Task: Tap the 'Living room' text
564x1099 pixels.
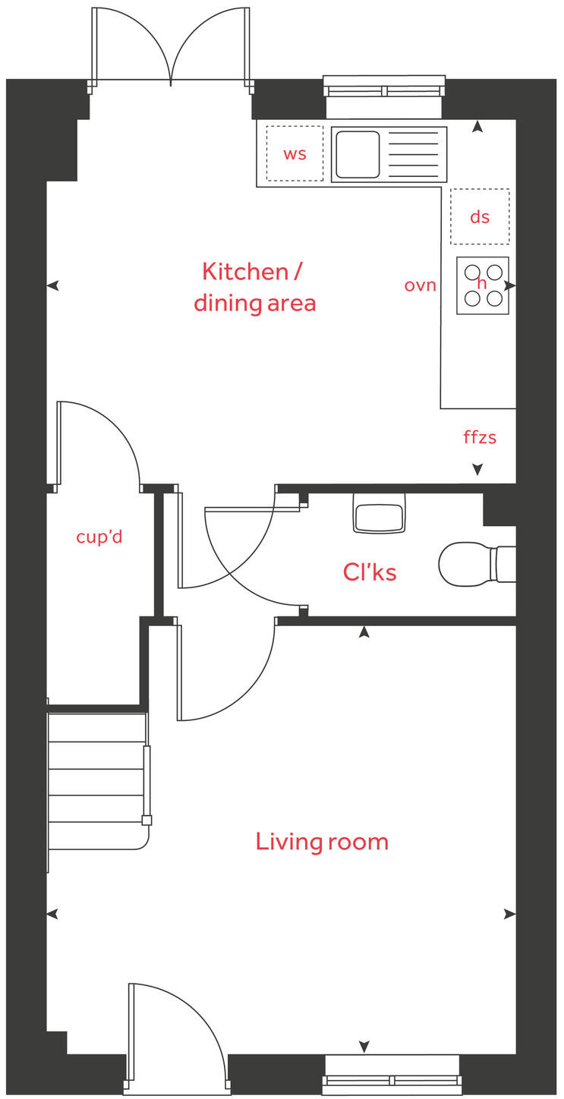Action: click(x=322, y=842)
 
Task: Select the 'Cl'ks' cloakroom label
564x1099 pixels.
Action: click(x=370, y=572)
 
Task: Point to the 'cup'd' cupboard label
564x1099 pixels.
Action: click(x=99, y=537)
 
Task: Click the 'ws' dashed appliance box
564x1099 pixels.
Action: click(x=295, y=153)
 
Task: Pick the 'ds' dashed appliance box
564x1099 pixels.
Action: click(x=480, y=217)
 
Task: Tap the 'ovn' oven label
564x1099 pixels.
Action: click(x=420, y=285)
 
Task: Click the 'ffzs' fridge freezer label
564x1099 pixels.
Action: click(x=480, y=438)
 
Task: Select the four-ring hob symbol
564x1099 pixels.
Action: click(x=483, y=285)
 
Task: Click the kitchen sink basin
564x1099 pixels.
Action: click(x=358, y=154)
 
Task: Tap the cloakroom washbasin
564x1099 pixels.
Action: click(x=379, y=515)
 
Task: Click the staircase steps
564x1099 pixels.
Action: click(x=96, y=782)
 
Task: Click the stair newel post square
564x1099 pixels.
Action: click(x=147, y=820)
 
